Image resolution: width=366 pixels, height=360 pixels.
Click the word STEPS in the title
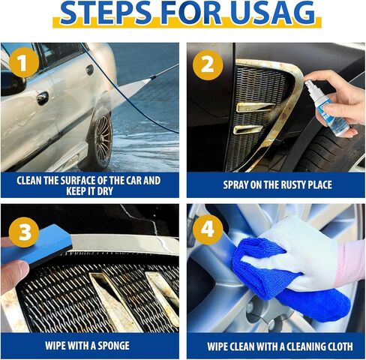(x=106, y=13)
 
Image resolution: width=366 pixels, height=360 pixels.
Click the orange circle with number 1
(x=24, y=62)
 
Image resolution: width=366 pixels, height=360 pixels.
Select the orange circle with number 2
(x=208, y=64)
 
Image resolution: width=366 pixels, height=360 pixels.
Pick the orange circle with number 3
(x=24, y=232)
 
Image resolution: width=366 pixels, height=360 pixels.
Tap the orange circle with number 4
(x=208, y=229)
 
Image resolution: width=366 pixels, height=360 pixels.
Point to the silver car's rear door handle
(x=89, y=70)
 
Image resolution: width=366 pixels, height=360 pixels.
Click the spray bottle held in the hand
(x=326, y=108)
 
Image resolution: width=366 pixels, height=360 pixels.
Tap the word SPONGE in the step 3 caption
(x=113, y=346)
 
